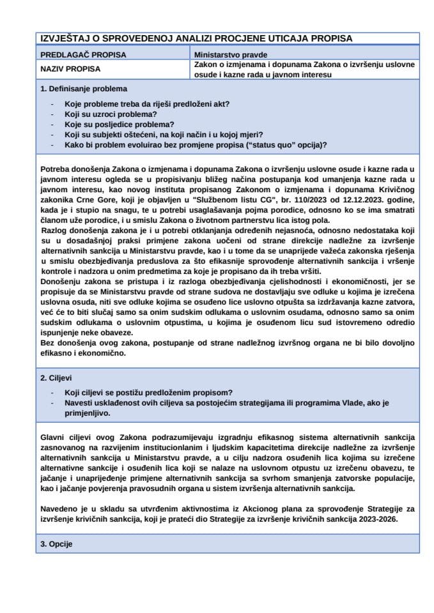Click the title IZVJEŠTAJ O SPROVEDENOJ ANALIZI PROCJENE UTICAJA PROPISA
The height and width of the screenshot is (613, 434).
(195, 38)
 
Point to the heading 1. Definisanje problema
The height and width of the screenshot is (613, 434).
(83, 89)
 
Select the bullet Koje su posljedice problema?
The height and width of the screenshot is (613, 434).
(120, 124)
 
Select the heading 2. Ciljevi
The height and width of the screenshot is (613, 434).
(61, 377)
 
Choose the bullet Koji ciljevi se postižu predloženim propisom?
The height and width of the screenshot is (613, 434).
(148, 392)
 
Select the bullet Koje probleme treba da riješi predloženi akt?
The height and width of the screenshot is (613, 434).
(147, 103)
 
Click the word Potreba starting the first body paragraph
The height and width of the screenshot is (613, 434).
(56, 168)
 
